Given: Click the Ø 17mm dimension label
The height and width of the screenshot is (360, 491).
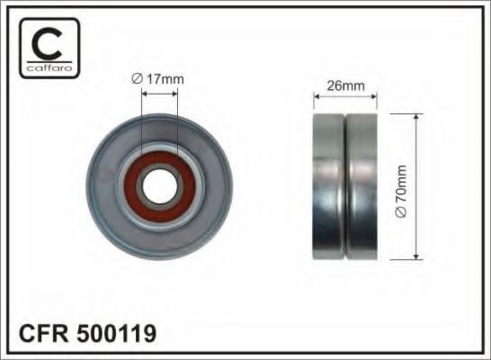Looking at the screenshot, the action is (x=158, y=79).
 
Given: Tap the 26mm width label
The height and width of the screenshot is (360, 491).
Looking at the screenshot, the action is (x=345, y=85).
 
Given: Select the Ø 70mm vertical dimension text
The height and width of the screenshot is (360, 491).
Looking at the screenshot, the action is (x=401, y=191).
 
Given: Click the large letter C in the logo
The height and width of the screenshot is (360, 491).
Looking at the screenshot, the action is (x=47, y=43).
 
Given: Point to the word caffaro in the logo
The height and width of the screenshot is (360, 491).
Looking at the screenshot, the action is (x=49, y=67).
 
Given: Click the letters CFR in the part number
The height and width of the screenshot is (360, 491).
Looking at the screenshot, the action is (x=43, y=333).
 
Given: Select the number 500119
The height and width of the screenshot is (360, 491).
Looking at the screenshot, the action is (x=116, y=333).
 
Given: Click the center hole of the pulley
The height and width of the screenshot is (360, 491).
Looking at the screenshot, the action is (x=159, y=187).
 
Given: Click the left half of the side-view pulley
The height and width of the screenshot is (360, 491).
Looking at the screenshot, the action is (x=329, y=186).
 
